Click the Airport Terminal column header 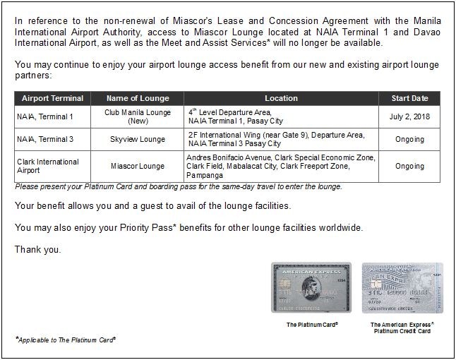click(x=52, y=98)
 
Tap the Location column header click(x=281, y=98)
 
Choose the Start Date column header click(x=409, y=98)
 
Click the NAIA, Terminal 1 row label click(x=45, y=116)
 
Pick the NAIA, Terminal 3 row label click(x=45, y=139)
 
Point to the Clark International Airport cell click(x=48, y=166)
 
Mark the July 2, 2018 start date click(x=409, y=116)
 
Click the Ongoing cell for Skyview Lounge click(x=409, y=139)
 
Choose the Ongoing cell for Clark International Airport click(x=409, y=166)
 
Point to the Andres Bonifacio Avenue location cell click(x=281, y=166)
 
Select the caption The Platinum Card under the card click(x=312, y=325)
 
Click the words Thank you click(x=37, y=249)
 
